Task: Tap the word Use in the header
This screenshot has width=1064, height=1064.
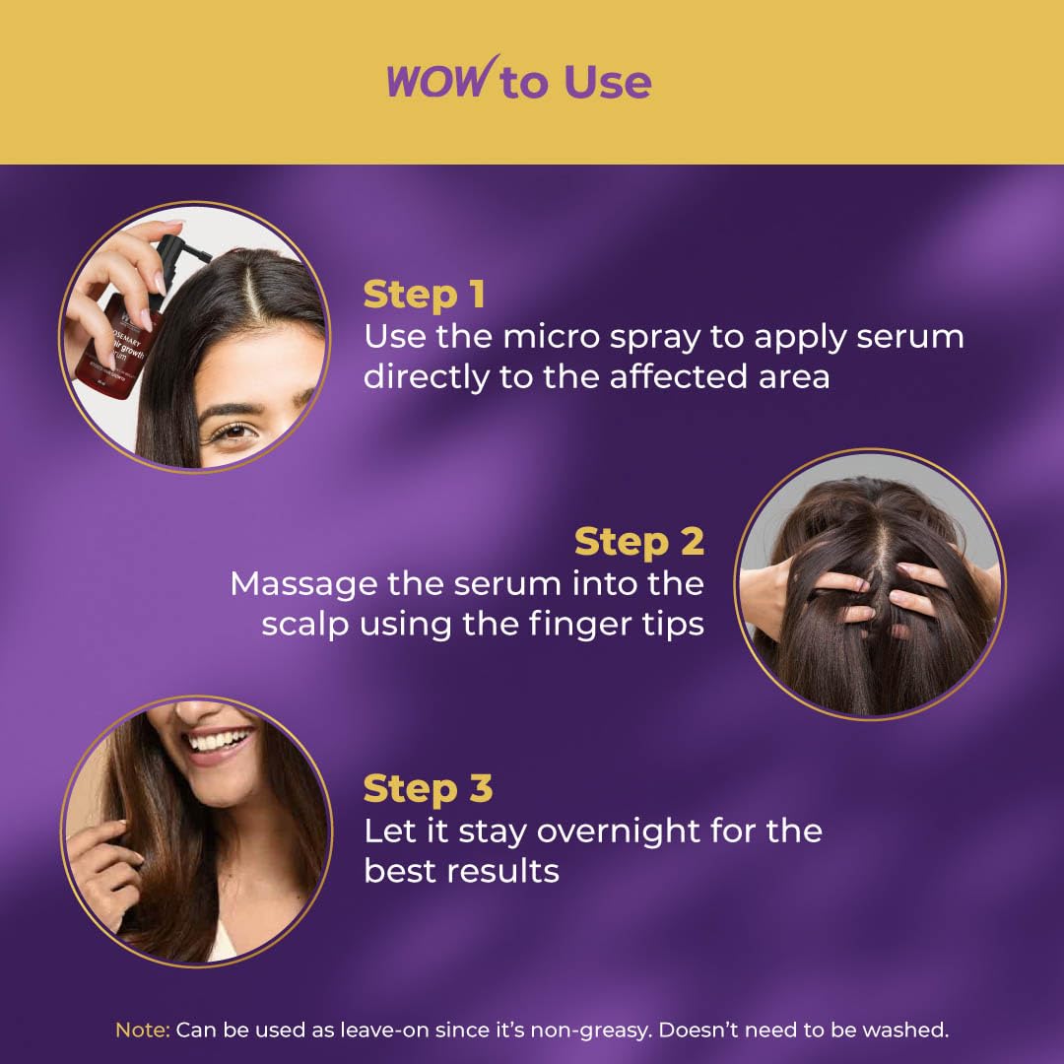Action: pyautogui.click(x=607, y=83)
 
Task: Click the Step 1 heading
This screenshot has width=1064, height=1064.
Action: pyautogui.click(x=424, y=295)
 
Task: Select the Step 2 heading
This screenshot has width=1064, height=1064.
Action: pyautogui.click(x=638, y=542)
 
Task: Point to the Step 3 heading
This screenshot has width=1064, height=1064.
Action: pyautogui.click(x=428, y=789)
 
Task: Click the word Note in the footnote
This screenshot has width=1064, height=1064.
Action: pyautogui.click(x=143, y=1031)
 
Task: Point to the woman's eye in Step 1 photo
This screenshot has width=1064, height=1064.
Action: pyautogui.click(x=229, y=431)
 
